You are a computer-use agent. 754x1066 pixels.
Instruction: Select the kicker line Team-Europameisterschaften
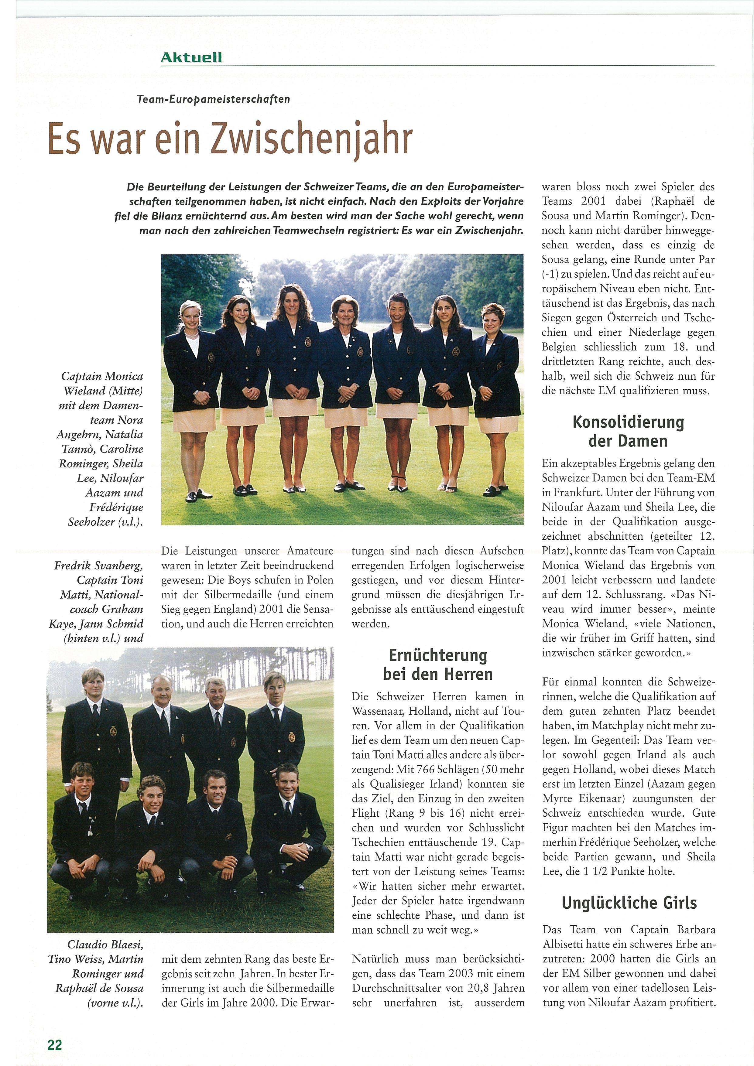coord(214,99)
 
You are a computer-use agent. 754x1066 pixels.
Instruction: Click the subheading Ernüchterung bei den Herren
coord(437,665)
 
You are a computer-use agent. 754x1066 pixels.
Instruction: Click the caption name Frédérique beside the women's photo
coord(116,507)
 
